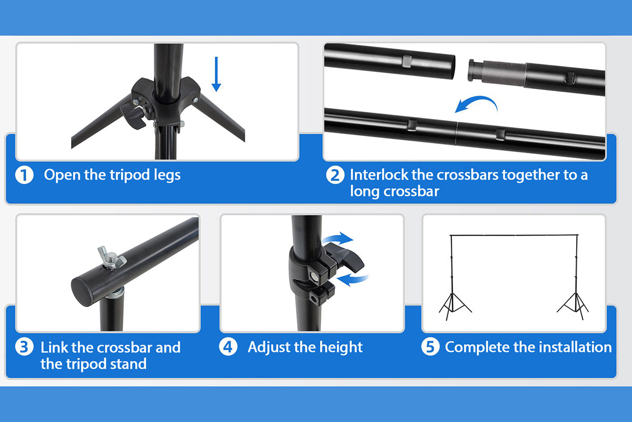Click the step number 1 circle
coord(24,175)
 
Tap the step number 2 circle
coord(335,175)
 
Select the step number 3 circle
coord(24,347)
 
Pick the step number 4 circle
coord(229,347)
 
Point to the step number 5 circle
coord(430,347)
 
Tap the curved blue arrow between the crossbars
coord(477,104)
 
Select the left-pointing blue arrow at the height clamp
coord(352,279)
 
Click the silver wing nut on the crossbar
coord(111,258)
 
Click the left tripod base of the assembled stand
coord(455,305)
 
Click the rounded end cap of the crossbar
coord(83,291)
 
